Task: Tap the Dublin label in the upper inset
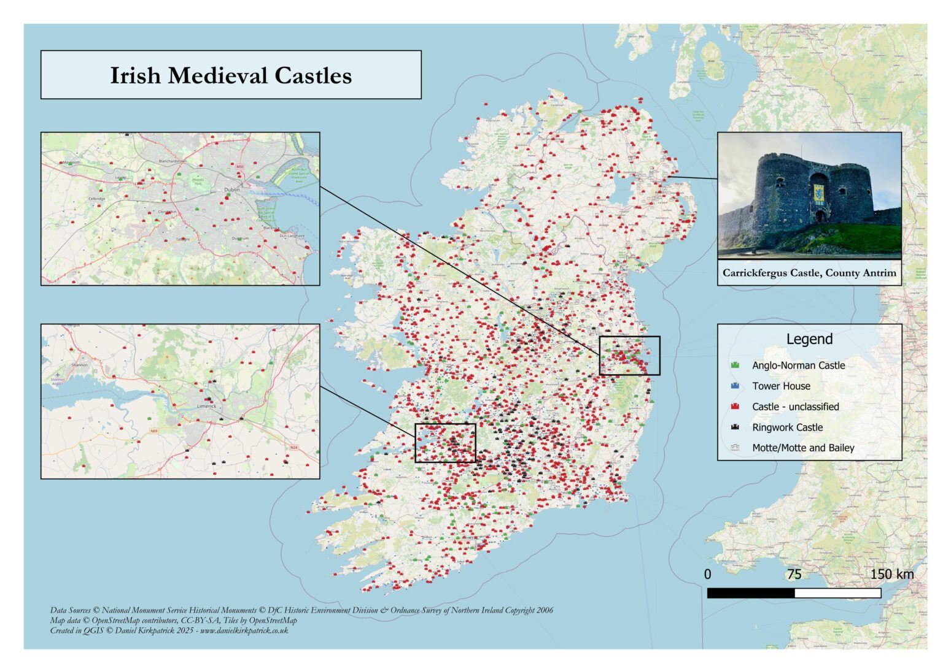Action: [x=232, y=189]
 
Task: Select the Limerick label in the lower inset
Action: [x=206, y=406]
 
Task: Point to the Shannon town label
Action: [x=79, y=364]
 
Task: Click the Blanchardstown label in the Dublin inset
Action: [x=173, y=161]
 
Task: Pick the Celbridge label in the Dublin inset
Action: [x=96, y=199]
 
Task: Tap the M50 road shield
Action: [x=239, y=166]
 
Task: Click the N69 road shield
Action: [x=153, y=431]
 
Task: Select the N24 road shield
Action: [x=293, y=447]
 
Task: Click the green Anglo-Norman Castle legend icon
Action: [x=735, y=365]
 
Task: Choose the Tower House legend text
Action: [x=781, y=386]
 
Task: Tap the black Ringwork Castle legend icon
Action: [x=735, y=427]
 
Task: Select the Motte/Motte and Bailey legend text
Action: [x=803, y=448]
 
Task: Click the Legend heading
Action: [x=809, y=339]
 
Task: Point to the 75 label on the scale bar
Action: [x=794, y=574]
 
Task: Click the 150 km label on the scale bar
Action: [x=891, y=574]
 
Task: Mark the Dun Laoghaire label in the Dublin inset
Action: [x=292, y=235]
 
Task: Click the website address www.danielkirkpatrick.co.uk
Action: [x=244, y=630]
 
